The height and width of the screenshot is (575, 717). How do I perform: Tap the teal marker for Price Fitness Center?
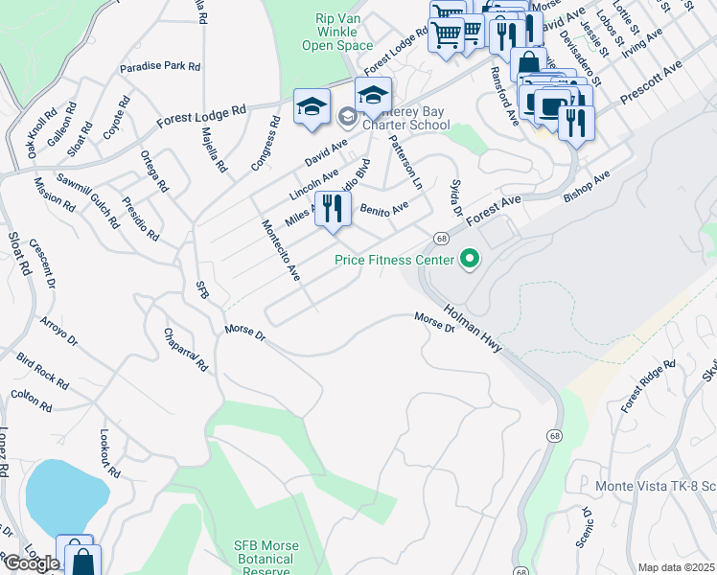pyautogui.click(x=470, y=259)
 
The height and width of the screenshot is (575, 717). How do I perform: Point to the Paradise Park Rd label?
pyautogui.click(x=160, y=68)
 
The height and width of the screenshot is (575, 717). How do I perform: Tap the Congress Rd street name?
pyautogui.click(x=265, y=144)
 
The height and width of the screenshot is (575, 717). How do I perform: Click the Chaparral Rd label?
pyautogui.click(x=185, y=349)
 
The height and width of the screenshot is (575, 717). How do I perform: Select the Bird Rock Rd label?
pyautogui.click(x=42, y=370)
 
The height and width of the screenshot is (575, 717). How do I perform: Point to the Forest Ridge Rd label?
pyautogui.click(x=648, y=386)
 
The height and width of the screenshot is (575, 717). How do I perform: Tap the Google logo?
pyautogui.click(x=31, y=563)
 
